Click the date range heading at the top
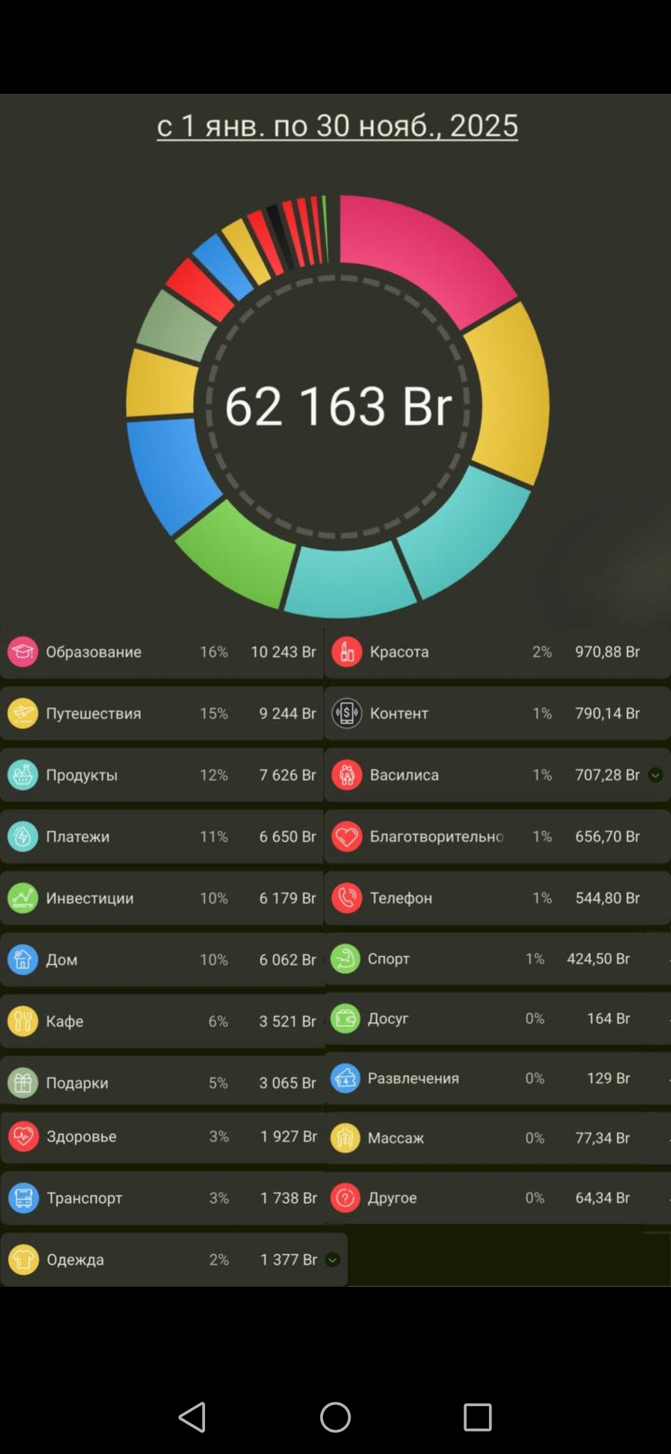[337, 126]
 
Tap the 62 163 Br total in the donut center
[338, 406]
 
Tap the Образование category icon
[23, 652]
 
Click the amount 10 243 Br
[283, 652]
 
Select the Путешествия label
[93, 713]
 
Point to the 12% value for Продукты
[214, 775]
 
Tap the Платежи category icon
[23, 836]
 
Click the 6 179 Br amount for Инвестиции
[287, 898]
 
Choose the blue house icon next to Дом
[23, 959]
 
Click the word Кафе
[65, 1021]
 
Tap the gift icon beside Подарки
[23, 1082]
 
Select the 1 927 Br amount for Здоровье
[288, 1136]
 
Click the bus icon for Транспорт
[24, 1198]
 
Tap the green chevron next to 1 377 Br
[333, 1260]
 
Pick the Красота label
[399, 652]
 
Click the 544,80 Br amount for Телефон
[607, 898]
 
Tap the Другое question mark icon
[345, 1197]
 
